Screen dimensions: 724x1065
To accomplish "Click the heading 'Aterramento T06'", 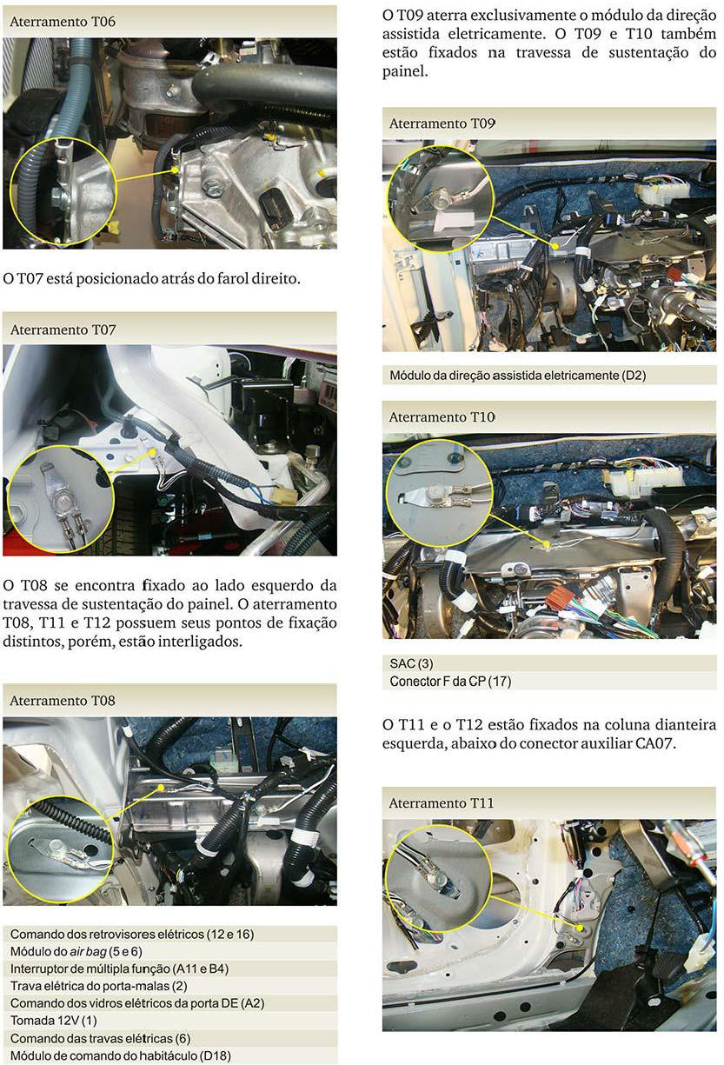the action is click(63, 22).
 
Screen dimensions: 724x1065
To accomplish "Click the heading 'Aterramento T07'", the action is click(63, 330).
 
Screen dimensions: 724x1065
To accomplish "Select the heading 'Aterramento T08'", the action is click(63, 701).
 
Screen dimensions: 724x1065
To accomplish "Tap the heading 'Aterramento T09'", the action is click(442, 123).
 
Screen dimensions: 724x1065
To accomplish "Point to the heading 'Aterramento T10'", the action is click(442, 417).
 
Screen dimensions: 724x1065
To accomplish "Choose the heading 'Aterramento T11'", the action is click(442, 803).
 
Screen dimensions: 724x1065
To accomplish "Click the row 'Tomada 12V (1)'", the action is click(53, 1021).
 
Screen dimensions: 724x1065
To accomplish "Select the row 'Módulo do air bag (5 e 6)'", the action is click(76, 951).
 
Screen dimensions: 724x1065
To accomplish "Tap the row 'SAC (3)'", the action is click(411, 663).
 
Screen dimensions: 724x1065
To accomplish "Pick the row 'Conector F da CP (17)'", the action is click(450, 682).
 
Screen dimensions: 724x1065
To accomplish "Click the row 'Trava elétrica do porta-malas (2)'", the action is click(98, 986).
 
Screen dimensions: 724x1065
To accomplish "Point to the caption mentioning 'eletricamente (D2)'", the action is click(518, 376).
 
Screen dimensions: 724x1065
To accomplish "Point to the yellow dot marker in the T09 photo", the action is click(555, 246).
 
